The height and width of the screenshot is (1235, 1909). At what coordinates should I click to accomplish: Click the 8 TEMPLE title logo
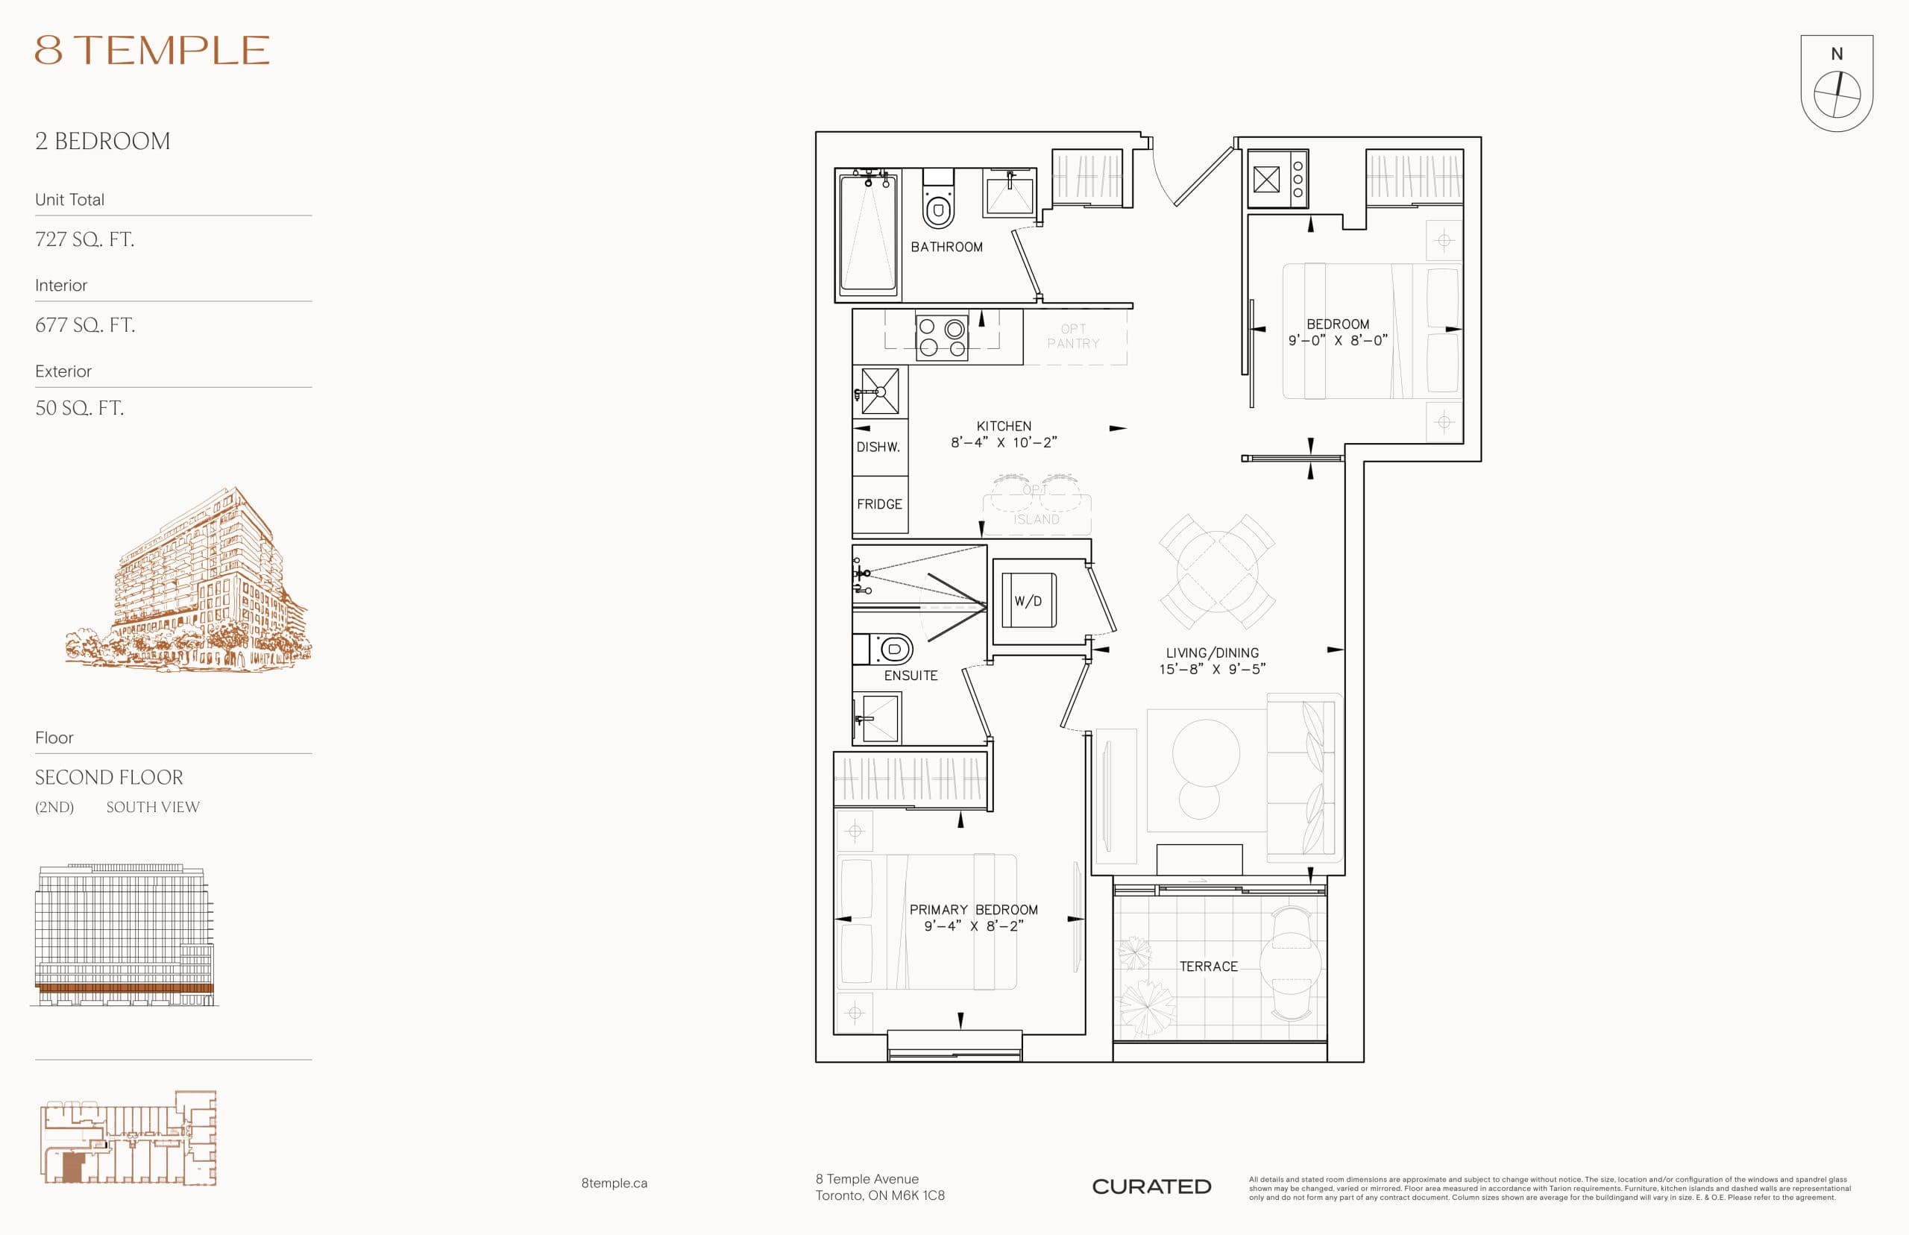coord(151,51)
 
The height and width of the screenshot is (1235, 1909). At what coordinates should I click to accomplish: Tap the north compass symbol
coord(1836,95)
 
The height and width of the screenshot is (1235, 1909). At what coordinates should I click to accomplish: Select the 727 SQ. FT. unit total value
coord(84,239)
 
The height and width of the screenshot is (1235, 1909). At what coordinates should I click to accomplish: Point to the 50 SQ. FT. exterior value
coord(78,408)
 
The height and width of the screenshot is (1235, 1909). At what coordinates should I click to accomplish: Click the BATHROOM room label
coord(946,247)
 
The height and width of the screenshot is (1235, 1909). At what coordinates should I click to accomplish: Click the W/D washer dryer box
coord(1028,600)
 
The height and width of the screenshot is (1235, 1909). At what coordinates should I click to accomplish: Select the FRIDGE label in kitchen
coord(878,504)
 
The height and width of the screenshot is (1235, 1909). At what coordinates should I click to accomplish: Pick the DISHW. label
coord(878,447)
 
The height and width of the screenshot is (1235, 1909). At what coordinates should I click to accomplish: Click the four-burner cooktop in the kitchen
coord(941,338)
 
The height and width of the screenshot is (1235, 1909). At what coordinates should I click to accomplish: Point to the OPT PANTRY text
coord(1073,336)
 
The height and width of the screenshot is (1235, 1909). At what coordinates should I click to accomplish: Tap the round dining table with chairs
coord(1216,572)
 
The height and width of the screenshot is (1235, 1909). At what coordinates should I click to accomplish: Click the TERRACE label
coord(1208,967)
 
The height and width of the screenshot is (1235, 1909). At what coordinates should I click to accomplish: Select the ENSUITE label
coord(910,675)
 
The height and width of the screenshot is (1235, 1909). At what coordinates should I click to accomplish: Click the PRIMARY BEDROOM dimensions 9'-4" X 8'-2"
coord(973,926)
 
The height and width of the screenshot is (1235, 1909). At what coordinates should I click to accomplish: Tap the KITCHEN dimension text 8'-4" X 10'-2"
coord(1003,443)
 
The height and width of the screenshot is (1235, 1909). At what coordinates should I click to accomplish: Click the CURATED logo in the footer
coord(1151,1186)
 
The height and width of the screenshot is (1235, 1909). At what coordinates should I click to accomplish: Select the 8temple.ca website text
coord(614,1183)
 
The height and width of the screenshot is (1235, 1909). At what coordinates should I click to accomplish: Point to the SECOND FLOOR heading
coord(109,777)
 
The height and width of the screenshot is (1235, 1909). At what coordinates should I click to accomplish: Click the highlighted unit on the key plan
coord(73,1168)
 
